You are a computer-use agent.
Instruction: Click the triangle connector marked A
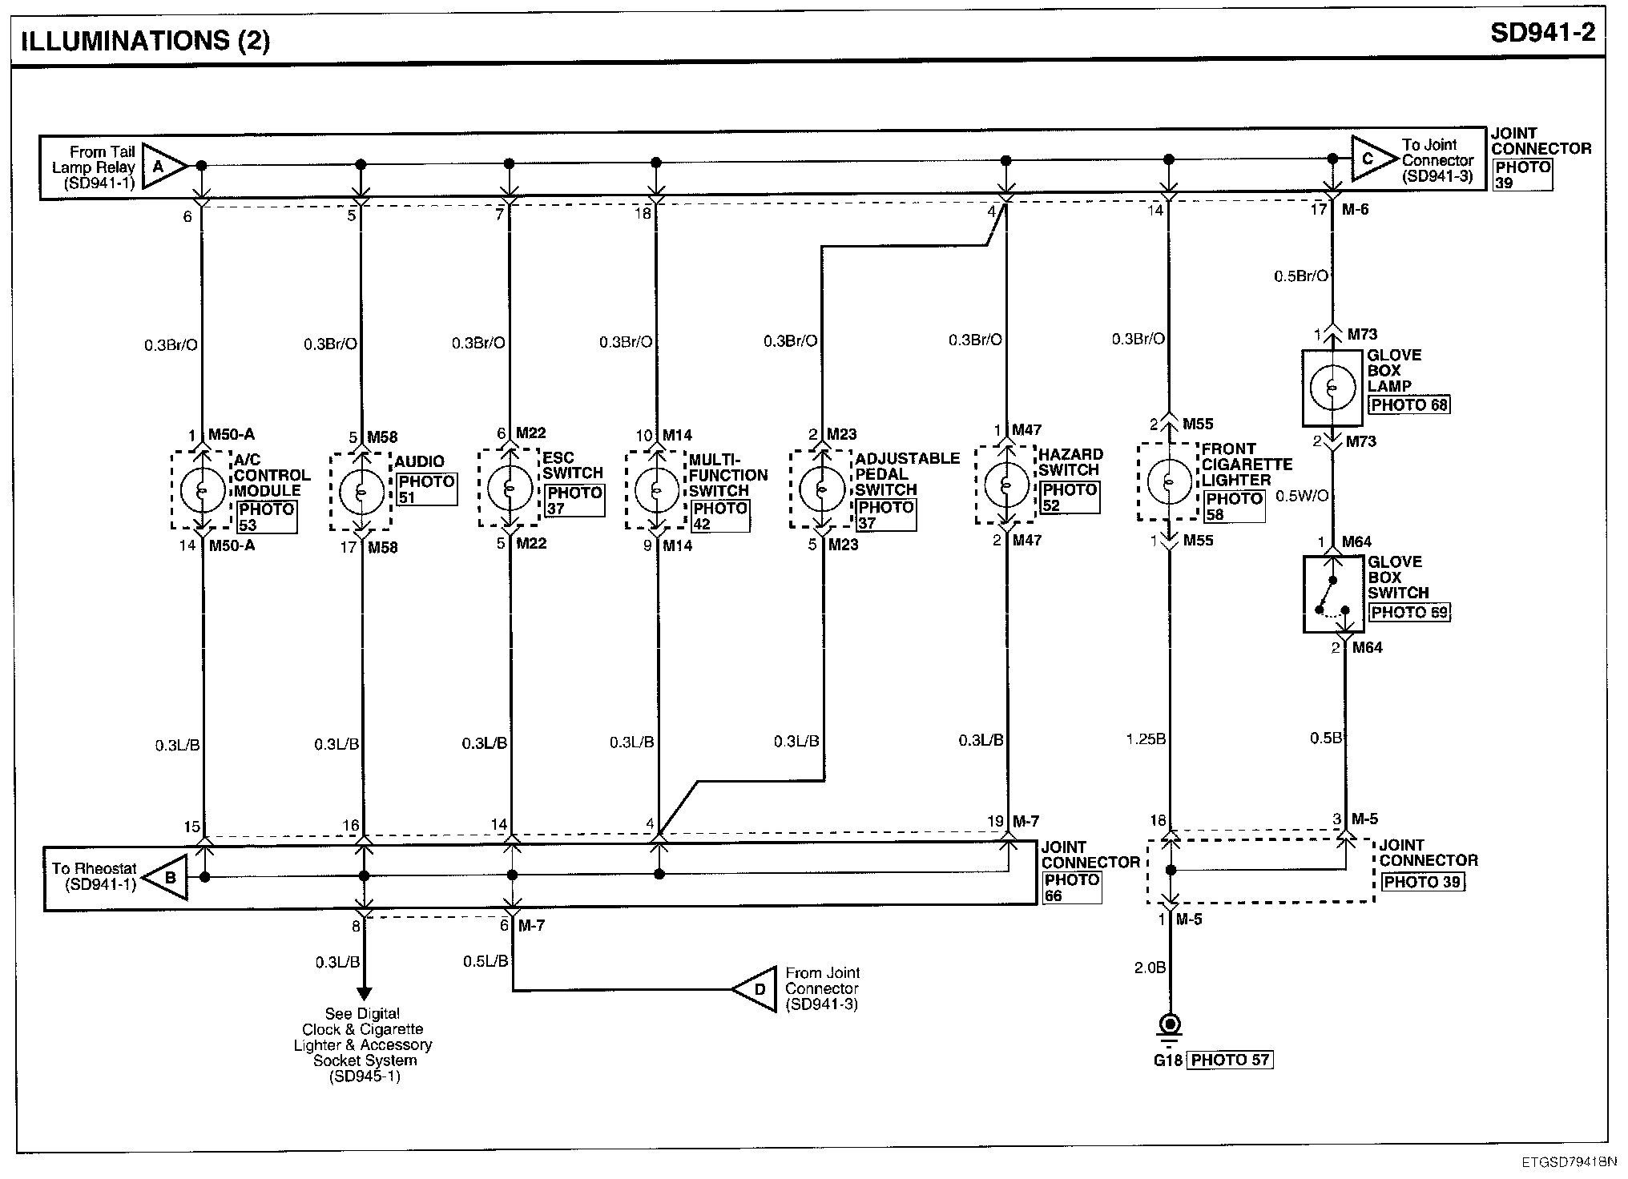pos(164,166)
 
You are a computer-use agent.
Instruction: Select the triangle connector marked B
pos(166,877)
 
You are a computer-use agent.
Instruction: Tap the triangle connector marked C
pos(1373,159)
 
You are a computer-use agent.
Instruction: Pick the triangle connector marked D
pos(756,989)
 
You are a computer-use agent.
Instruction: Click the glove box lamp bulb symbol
pos(1332,388)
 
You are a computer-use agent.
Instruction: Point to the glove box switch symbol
pos(1333,594)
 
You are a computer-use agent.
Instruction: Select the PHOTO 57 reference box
pos(1230,1060)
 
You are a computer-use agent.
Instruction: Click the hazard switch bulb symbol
pos(1006,485)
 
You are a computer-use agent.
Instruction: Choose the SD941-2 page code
pos(1542,34)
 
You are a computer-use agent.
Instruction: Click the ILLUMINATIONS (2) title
pos(145,41)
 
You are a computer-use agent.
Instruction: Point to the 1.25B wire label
pos(1146,738)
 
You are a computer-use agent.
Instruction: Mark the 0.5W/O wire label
pos(1302,496)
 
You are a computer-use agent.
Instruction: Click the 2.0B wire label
pos(1149,968)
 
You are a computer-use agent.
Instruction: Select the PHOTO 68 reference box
pos(1409,404)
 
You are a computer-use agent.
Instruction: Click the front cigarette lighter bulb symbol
pos(1170,481)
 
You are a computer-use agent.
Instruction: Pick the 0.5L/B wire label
pos(486,960)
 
